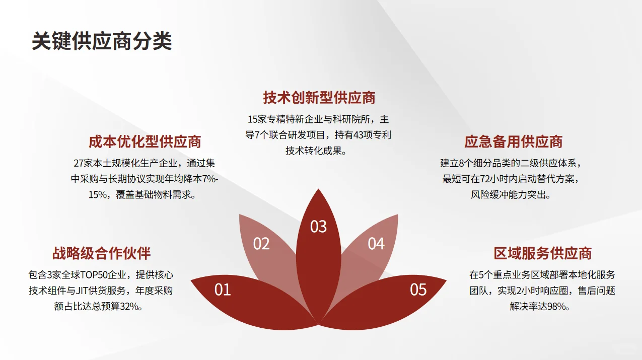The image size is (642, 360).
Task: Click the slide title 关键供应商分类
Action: click(x=102, y=41)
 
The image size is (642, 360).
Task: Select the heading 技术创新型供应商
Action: click(x=319, y=98)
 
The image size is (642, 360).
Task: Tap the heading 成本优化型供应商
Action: click(x=145, y=142)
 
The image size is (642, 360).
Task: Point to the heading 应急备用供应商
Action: click(x=514, y=142)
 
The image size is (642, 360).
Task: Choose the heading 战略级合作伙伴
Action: click(x=102, y=253)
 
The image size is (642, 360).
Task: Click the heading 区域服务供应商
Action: click(x=542, y=253)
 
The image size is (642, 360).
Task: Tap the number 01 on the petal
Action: click(x=223, y=290)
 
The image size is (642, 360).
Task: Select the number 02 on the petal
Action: click(x=261, y=244)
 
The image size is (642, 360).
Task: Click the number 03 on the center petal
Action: click(x=318, y=227)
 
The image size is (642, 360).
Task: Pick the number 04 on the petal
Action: click(x=376, y=244)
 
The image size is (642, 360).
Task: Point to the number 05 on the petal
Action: click(x=418, y=290)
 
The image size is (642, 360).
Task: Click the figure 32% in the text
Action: click(x=128, y=306)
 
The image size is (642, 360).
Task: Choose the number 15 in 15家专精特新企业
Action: click(x=253, y=119)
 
